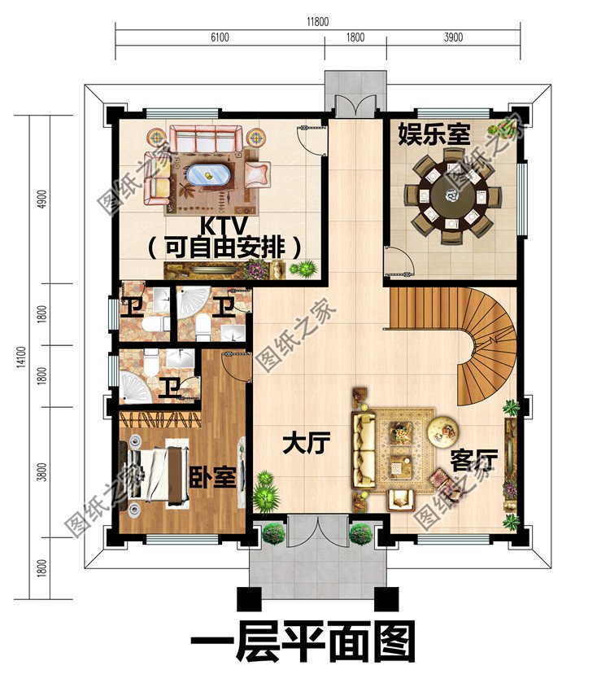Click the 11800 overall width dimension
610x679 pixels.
coord(317,22)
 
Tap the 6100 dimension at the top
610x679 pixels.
coord(220,37)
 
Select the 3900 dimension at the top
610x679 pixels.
coord(453,37)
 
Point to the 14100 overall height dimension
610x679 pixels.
coord(20,366)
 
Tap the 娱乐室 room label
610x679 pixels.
coord(434,134)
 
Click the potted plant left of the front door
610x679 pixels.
coord(273,533)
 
